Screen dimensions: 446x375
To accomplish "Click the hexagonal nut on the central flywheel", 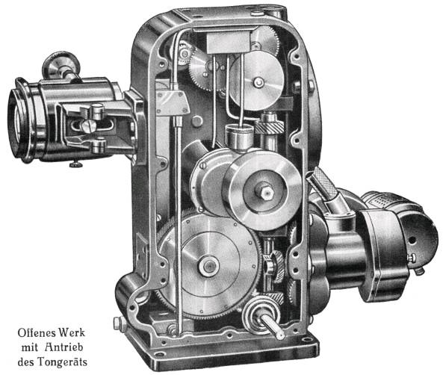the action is pos(265,192).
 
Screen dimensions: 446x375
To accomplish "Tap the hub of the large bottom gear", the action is pos(208,266).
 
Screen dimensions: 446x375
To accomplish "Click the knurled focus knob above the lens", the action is pos(61,66).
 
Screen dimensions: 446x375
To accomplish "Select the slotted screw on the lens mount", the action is pos(87,125).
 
